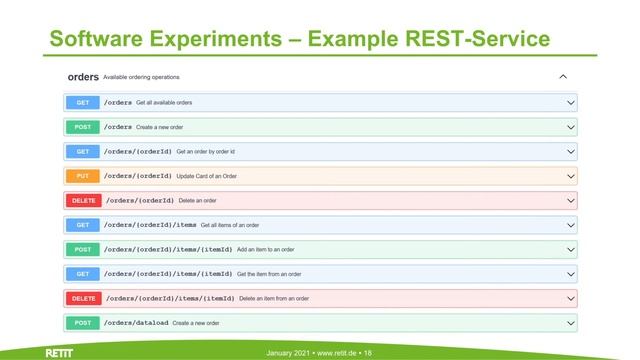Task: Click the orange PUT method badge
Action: pyautogui.click(x=82, y=176)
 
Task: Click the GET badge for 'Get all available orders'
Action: pyautogui.click(x=82, y=102)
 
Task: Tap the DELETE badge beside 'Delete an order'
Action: pyautogui.click(x=83, y=200)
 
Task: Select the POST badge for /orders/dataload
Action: pyautogui.click(x=82, y=323)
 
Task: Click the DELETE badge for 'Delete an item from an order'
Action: pyautogui.click(x=83, y=298)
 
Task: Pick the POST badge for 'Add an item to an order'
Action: pyautogui.click(x=82, y=249)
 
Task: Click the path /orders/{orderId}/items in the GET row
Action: pyautogui.click(x=150, y=225)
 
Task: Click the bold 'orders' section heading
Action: pyautogui.click(x=83, y=76)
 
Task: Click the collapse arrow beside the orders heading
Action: pyautogui.click(x=563, y=76)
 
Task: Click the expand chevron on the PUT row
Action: pyautogui.click(x=571, y=176)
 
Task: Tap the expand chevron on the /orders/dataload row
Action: pyautogui.click(x=571, y=323)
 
